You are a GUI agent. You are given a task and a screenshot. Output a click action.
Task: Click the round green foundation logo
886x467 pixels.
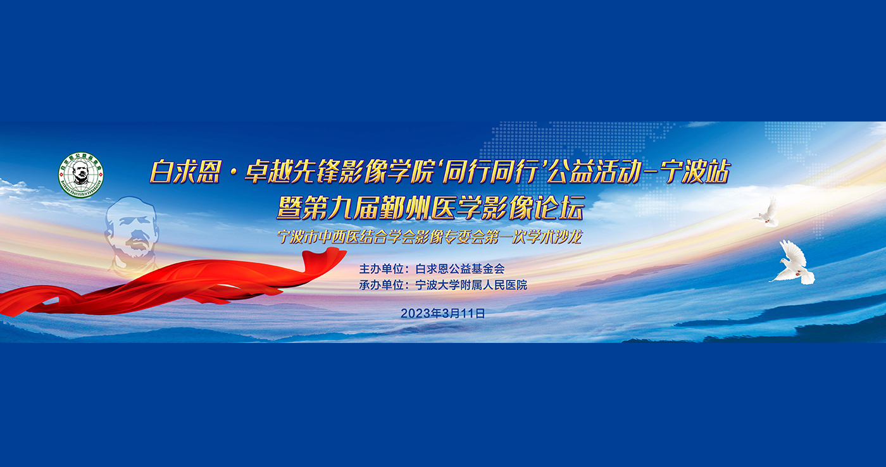(81, 175)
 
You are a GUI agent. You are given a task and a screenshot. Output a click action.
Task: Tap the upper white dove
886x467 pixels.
(766, 213)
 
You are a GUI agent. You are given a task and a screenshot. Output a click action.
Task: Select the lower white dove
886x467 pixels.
(792, 263)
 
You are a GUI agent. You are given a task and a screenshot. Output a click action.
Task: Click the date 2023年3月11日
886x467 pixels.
(442, 314)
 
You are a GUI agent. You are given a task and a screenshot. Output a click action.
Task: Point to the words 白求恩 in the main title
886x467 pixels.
(185, 171)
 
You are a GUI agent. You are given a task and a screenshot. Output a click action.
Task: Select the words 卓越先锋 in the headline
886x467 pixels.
(292, 171)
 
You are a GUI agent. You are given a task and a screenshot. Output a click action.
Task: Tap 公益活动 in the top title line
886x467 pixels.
(592, 171)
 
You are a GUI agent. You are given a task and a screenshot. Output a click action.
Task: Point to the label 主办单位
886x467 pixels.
(381, 269)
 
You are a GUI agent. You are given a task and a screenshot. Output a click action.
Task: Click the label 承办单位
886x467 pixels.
(381, 285)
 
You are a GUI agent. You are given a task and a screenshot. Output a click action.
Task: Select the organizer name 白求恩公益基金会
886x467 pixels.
(460, 269)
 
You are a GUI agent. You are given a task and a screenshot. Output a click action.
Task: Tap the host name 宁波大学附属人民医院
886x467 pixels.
(471, 285)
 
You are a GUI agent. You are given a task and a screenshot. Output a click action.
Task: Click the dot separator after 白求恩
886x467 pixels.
(233, 172)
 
